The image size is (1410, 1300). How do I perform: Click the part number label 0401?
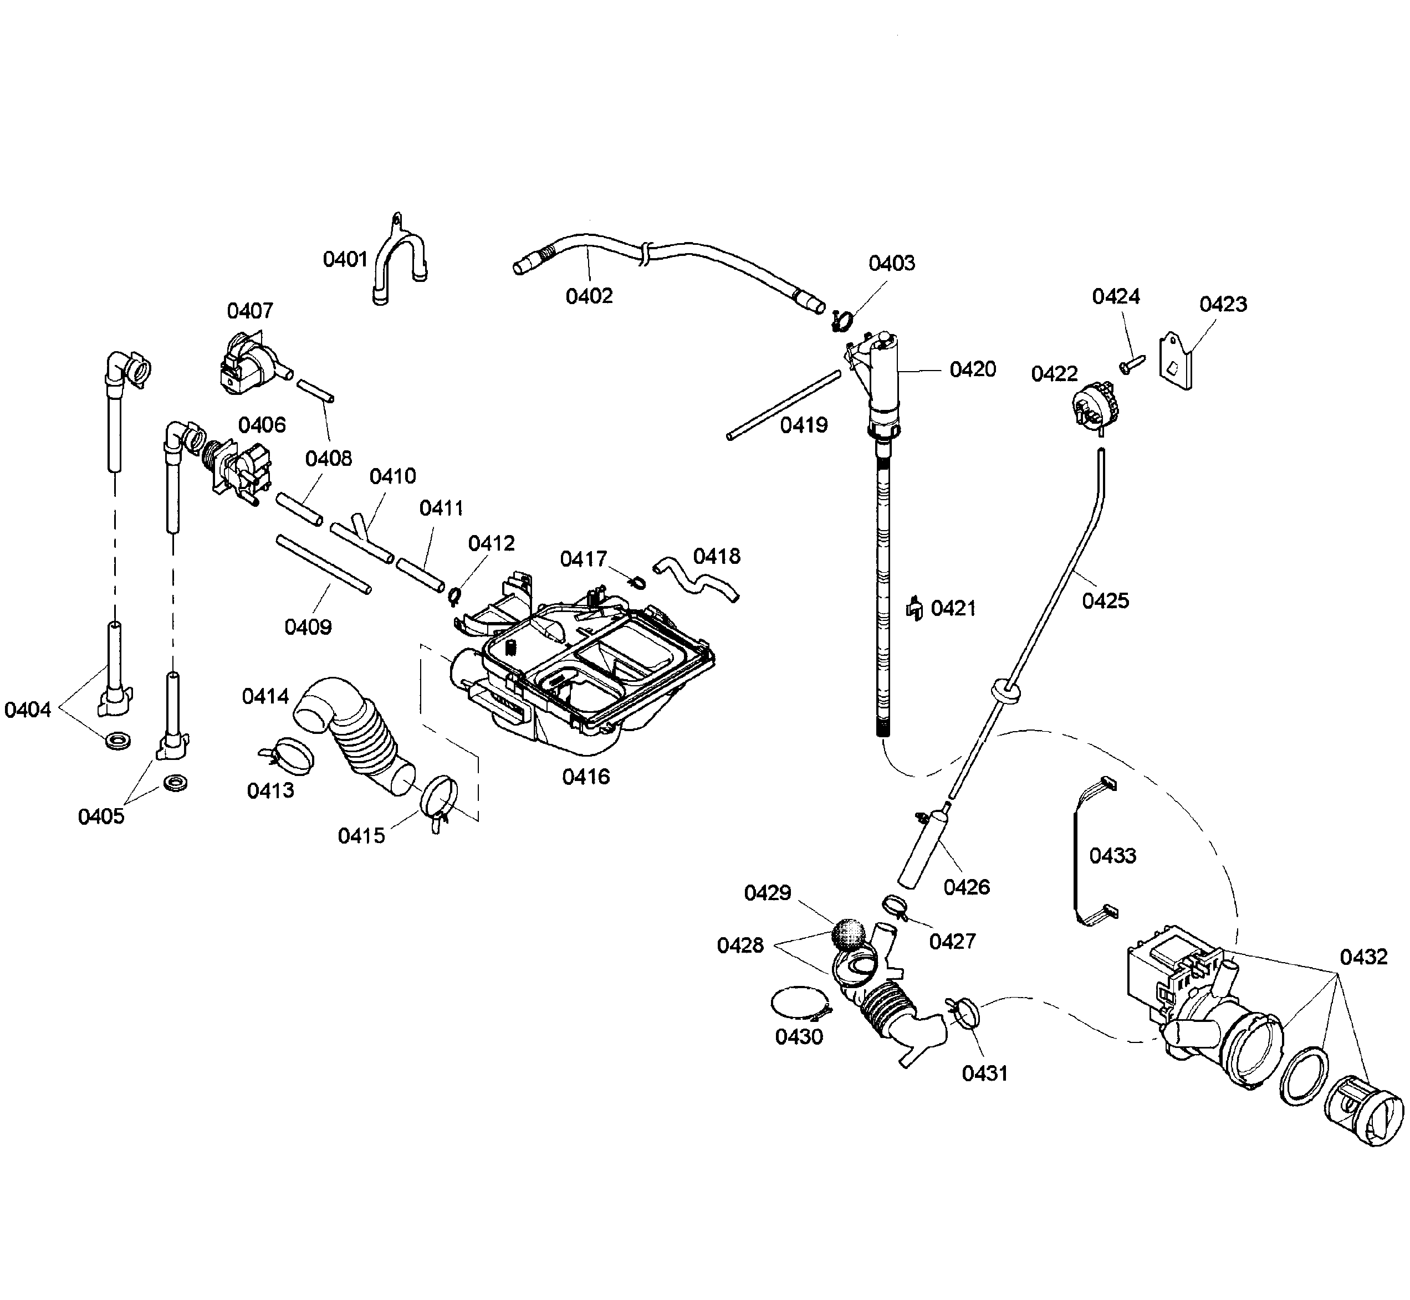[x=345, y=260]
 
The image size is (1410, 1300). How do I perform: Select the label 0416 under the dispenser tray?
[x=586, y=777]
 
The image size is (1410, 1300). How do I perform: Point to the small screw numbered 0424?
[x=1131, y=364]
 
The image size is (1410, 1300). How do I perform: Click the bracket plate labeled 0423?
[x=1176, y=361]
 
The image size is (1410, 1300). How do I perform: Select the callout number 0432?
[x=1363, y=957]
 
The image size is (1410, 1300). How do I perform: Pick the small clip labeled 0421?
[x=914, y=609]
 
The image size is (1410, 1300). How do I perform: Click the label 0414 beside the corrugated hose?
[x=265, y=696]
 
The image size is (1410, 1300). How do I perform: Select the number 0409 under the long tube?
[x=308, y=627]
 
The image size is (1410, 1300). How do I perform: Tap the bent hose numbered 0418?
[x=696, y=578]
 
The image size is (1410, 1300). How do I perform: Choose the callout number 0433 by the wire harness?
[x=1112, y=856]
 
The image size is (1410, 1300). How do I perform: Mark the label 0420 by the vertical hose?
[x=972, y=369]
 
